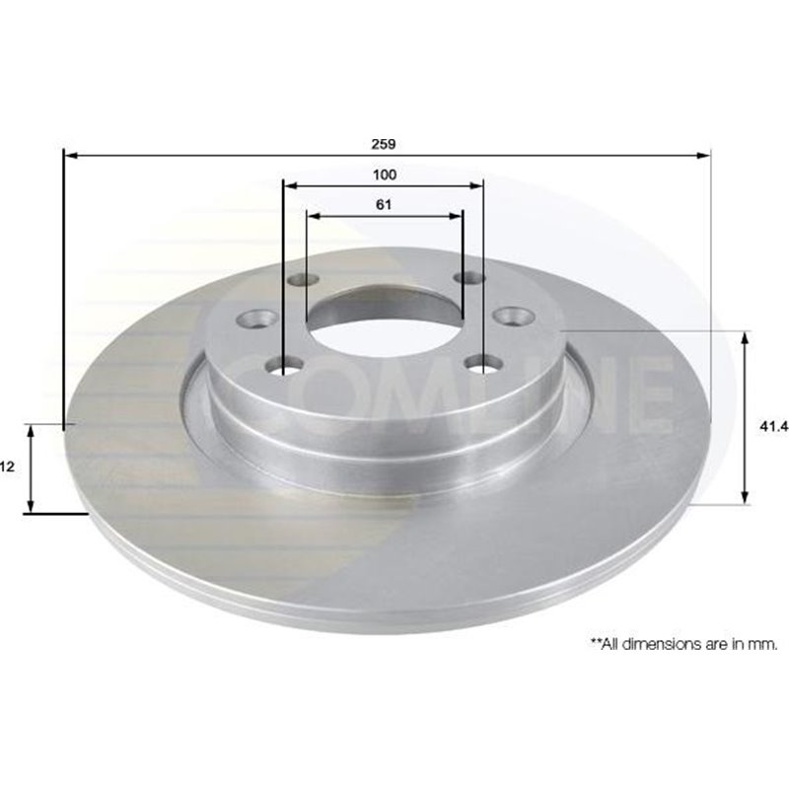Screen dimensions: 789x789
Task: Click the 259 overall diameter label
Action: [384, 144]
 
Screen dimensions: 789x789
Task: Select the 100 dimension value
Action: [384, 175]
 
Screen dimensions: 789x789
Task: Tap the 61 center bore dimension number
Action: [384, 205]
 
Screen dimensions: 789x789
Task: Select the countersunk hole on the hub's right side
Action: [513, 317]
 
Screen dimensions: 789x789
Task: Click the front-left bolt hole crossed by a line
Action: [284, 366]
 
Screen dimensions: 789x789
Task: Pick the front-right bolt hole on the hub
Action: [483, 364]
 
